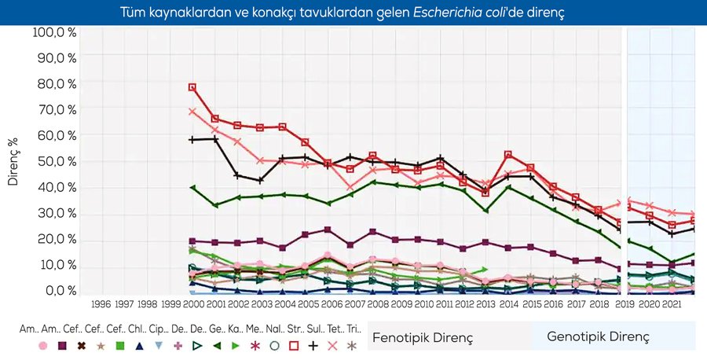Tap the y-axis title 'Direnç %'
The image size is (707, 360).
pos(13,160)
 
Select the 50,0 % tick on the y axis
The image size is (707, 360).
pos(54,161)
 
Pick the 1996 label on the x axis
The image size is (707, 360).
pos(101,303)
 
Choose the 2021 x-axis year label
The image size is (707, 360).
pos(672,303)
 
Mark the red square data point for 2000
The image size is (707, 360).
pos(192,87)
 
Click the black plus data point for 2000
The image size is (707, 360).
pos(192,140)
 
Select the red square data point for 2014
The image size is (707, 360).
pos(508,155)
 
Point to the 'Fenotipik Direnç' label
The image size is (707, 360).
pos(422,337)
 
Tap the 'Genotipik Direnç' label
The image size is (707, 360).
pos(599,337)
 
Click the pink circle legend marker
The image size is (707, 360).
pos(43,345)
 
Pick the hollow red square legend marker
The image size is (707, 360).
pos(294,345)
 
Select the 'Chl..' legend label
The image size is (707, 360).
pos(138,329)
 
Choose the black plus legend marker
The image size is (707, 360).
pos(313,345)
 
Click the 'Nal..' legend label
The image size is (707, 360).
pos(274,329)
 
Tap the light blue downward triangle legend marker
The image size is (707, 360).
pos(159,345)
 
